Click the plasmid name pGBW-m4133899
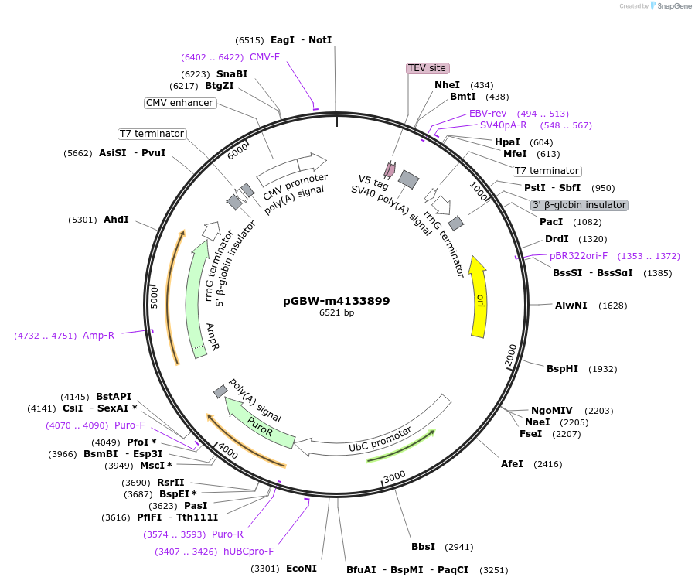(x=336, y=301)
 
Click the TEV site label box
(x=428, y=68)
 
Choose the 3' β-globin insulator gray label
(x=579, y=205)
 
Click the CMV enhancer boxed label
(x=179, y=103)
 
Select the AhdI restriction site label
(x=116, y=220)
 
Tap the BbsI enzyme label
(x=424, y=547)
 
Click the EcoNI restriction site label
(x=302, y=569)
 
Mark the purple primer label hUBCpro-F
(x=248, y=552)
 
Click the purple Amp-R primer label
(x=99, y=335)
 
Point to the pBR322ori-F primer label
(x=578, y=255)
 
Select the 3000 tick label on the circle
(x=394, y=476)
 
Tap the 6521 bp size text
(x=336, y=313)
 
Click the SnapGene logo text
(x=673, y=6)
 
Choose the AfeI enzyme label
(x=512, y=464)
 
